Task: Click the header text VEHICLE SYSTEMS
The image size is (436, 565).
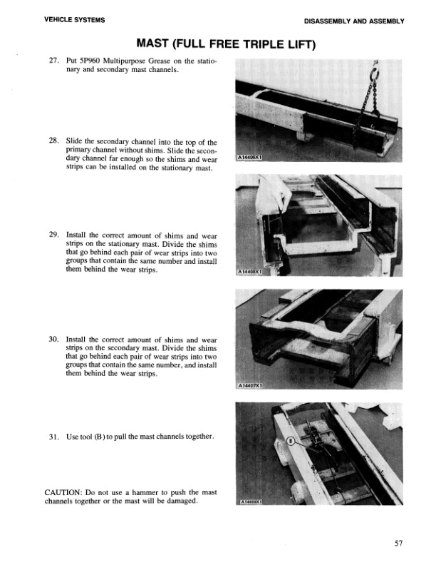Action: coord(75,20)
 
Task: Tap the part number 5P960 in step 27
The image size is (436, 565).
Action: coord(90,62)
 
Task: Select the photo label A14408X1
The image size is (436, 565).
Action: coord(250,272)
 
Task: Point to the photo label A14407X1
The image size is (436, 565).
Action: coord(250,387)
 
